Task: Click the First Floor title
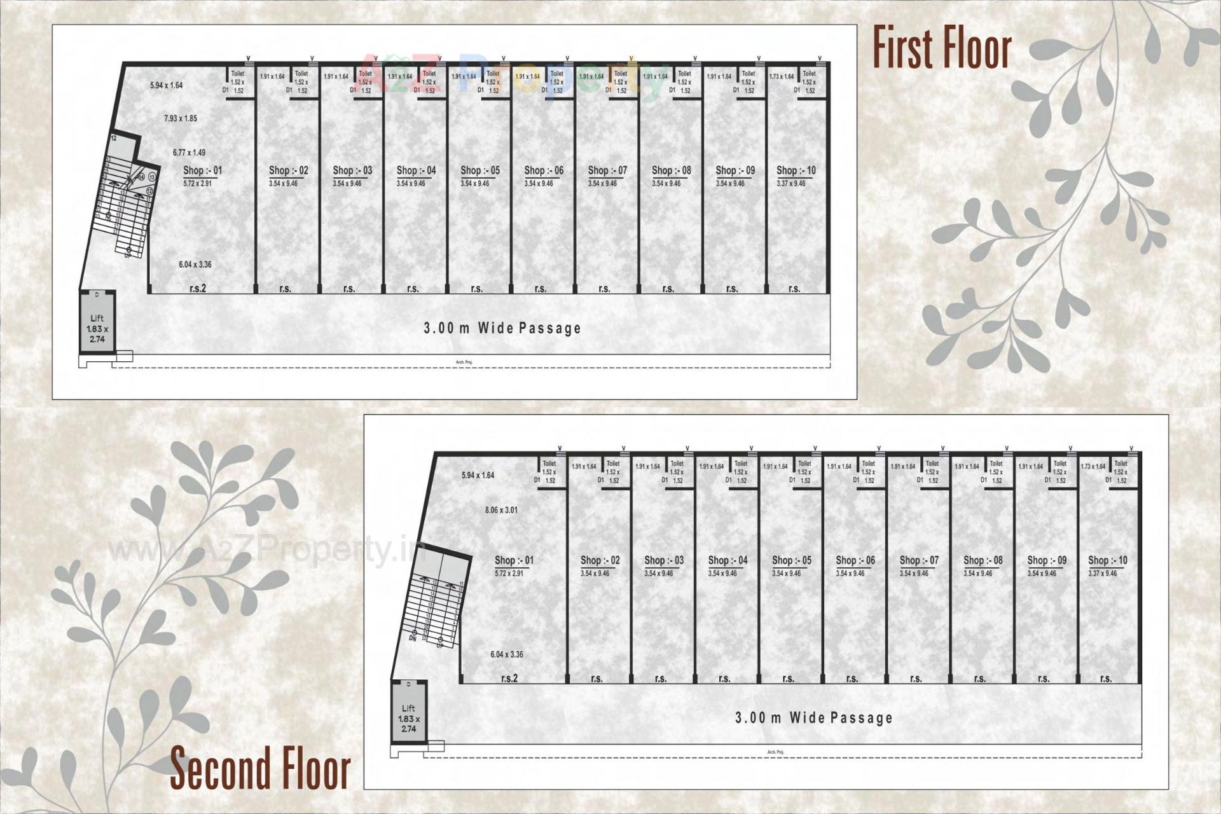(x=941, y=48)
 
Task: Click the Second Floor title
(x=260, y=768)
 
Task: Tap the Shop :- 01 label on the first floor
(x=202, y=170)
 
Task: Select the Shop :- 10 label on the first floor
(x=796, y=170)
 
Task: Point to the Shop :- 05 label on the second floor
(x=792, y=560)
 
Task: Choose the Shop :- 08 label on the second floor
(x=983, y=560)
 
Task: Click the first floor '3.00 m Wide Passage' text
(x=502, y=328)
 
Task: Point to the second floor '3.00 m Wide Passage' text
(x=814, y=718)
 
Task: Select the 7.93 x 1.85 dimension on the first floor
(x=180, y=118)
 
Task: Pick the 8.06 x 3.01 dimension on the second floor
(x=501, y=510)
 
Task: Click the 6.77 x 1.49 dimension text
(x=189, y=153)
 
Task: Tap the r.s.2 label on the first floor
(x=198, y=289)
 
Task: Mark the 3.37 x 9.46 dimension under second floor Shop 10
(x=1102, y=574)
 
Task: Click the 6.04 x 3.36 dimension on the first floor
(x=195, y=265)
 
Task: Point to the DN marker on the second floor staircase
(x=412, y=638)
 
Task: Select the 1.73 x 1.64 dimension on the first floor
(x=782, y=76)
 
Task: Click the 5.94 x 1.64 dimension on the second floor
(x=478, y=475)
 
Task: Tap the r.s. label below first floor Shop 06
(x=541, y=289)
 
